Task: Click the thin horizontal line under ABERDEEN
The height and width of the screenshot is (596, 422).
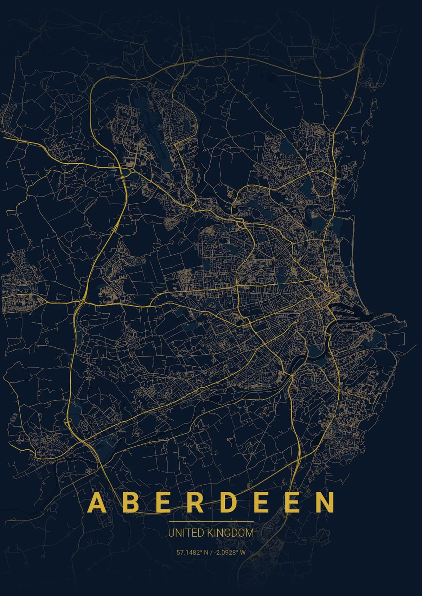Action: [x=211, y=522]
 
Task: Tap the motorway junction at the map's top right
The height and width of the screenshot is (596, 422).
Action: [x=359, y=65]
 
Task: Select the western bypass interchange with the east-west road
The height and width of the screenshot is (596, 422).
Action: [x=82, y=301]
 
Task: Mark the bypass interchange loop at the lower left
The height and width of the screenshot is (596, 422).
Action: [x=68, y=421]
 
